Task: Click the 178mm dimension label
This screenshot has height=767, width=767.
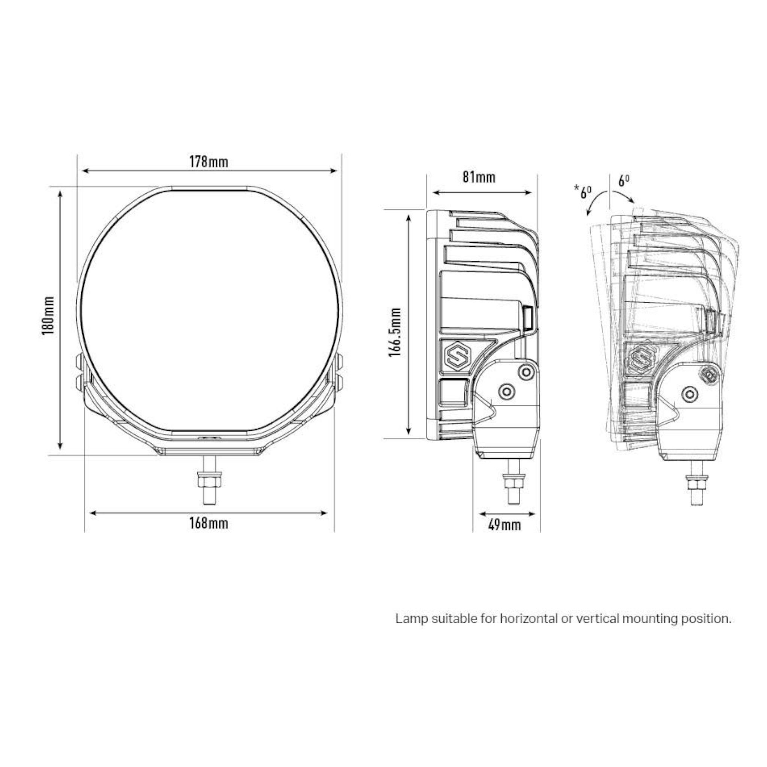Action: click(x=209, y=162)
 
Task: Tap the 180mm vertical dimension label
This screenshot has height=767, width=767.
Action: click(x=48, y=316)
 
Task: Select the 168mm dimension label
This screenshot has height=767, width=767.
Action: click(x=209, y=523)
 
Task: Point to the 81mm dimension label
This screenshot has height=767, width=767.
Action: click(x=479, y=177)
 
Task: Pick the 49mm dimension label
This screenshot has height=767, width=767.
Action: click(x=504, y=525)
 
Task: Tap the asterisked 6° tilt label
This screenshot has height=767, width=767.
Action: click(x=583, y=192)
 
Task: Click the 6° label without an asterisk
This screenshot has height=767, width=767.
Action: click(x=624, y=181)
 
